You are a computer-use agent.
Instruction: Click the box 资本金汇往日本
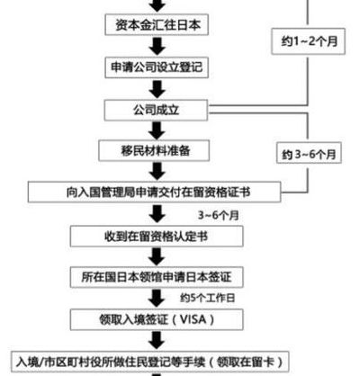pyautogui.click(x=157, y=25)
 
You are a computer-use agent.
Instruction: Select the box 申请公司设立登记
pyautogui.click(x=157, y=67)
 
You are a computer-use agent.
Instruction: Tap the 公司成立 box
pyautogui.click(x=156, y=110)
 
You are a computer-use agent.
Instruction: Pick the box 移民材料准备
pyautogui.click(x=154, y=150)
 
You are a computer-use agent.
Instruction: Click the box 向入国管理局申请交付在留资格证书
pyautogui.click(x=155, y=192)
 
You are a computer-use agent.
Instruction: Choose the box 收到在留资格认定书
pyautogui.click(x=157, y=237)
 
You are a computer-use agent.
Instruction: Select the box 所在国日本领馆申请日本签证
pyautogui.click(x=157, y=277)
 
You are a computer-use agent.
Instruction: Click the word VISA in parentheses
pyautogui.click(x=193, y=319)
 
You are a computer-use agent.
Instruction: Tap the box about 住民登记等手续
pyautogui.click(x=150, y=362)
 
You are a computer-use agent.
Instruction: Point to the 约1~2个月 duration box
pyautogui.click(x=309, y=41)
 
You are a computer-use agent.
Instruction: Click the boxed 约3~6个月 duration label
pyautogui.click(x=309, y=153)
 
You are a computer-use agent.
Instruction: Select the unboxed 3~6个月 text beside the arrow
pyautogui.click(x=219, y=215)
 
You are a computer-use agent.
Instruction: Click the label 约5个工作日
pyautogui.click(x=208, y=298)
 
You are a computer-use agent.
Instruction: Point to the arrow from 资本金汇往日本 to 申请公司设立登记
pyautogui.click(x=157, y=47)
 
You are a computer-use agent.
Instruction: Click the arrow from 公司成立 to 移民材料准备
pyautogui.click(x=157, y=130)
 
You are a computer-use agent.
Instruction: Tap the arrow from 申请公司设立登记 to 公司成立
pyautogui.click(x=157, y=89)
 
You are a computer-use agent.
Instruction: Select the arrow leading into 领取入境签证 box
pyautogui.click(x=157, y=299)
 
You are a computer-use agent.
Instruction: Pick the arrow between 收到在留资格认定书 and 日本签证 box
pyautogui.click(x=157, y=257)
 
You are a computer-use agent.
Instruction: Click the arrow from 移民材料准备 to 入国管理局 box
pyautogui.click(x=157, y=171)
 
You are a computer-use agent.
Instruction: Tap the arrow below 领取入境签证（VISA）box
pyautogui.click(x=157, y=341)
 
